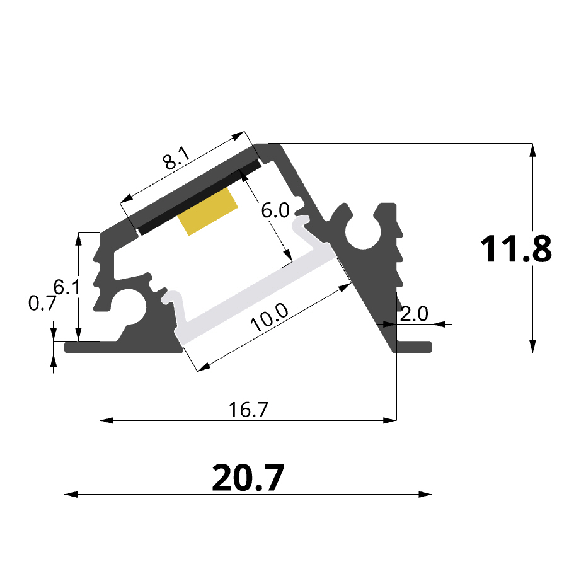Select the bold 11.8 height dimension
(x=515, y=249)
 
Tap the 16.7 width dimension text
(x=248, y=410)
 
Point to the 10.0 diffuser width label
(x=270, y=317)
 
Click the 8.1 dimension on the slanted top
(x=176, y=158)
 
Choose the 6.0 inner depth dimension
(x=275, y=210)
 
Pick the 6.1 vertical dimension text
(x=67, y=287)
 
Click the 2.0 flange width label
(x=414, y=314)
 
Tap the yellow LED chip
(x=208, y=212)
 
